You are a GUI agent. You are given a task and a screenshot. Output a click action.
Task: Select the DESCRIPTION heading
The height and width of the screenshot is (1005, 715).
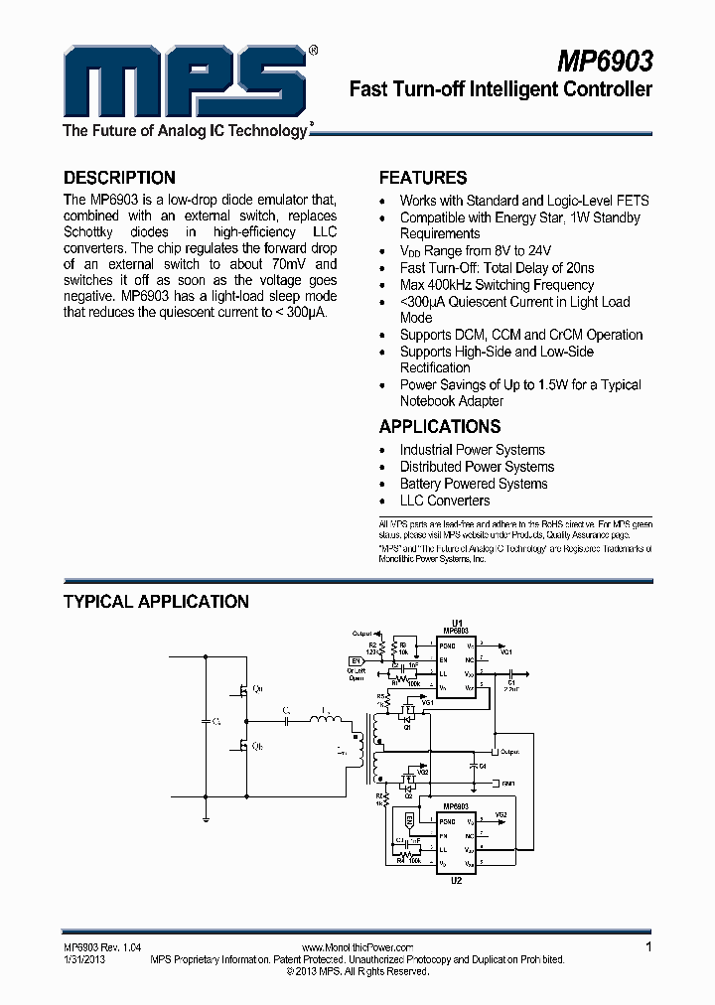[119, 178]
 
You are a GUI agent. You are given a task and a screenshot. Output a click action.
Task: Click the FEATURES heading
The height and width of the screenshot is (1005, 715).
[423, 178]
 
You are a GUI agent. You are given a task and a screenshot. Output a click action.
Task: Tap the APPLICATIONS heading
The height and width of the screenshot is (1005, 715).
[440, 426]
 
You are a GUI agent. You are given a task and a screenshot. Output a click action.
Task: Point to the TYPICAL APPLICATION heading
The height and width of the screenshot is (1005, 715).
[156, 601]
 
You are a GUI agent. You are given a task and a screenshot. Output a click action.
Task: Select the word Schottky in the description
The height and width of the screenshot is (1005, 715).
[93, 231]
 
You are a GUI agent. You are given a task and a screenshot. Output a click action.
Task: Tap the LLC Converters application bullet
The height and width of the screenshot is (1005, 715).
[445, 501]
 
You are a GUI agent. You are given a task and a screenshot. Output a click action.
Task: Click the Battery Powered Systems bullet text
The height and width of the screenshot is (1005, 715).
[474, 484]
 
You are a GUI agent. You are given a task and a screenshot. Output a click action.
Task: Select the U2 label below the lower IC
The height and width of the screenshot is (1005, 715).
[457, 880]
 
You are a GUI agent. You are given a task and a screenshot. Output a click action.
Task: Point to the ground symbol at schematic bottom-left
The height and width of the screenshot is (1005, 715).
[206, 818]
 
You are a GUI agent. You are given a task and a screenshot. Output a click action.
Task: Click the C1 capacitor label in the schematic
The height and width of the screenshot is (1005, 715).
[510, 682]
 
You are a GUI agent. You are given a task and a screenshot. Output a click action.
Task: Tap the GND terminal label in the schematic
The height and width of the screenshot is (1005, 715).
[508, 784]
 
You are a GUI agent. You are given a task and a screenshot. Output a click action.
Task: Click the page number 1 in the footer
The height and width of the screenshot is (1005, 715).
[648, 947]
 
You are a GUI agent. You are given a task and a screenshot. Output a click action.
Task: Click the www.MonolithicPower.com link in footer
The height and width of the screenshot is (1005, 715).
[357, 948]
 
